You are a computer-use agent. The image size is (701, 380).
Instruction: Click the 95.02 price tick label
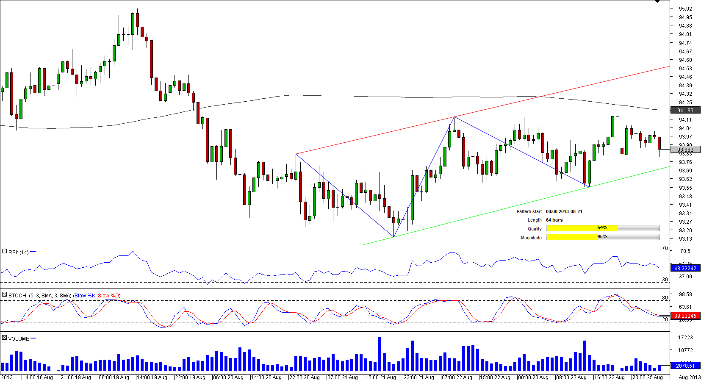click(x=685, y=8)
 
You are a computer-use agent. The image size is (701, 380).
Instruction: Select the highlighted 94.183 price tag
click(x=685, y=110)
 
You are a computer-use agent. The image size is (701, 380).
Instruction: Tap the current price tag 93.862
click(x=685, y=150)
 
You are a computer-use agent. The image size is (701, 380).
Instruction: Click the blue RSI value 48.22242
click(x=685, y=268)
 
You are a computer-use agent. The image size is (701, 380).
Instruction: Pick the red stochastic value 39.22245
click(x=685, y=316)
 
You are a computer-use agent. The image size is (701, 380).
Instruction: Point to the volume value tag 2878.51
click(x=685, y=365)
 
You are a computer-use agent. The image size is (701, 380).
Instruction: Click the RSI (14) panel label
click(x=18, y=252)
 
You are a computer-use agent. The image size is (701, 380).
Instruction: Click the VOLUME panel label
click(x=19, y=338)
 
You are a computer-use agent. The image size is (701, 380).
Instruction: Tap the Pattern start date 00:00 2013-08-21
click(x=564, y=211)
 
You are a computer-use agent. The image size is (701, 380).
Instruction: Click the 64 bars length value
click(x=554, y=220)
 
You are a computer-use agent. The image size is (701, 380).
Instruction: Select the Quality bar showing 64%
click(x=602, y=228)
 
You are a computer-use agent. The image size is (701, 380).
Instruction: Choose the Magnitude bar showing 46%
click(x=602, y=237)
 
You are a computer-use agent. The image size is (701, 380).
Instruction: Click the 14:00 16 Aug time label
click(x=37, y=377)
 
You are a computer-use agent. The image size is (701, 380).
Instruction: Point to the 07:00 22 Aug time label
click(x=457, y=377)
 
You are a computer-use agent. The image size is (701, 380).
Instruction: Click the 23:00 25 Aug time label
click(x=647, y=377)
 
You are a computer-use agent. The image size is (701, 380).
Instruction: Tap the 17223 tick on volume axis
click(x=685, y=337)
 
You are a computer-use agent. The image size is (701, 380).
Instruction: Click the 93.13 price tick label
click(x=685, y=239)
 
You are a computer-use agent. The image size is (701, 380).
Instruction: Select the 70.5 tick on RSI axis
click(x=685, y=251)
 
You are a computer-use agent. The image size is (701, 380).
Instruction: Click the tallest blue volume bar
click(x=380, y=354)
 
